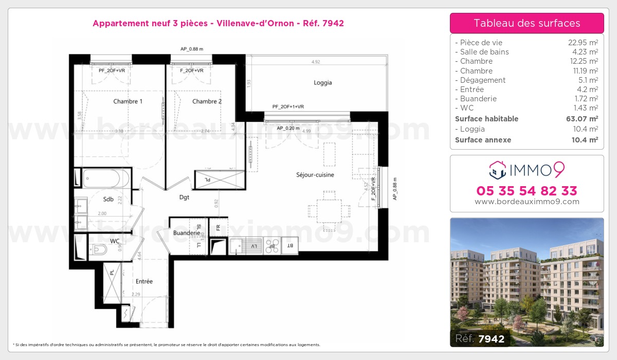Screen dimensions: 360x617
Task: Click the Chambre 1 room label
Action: point(128,101)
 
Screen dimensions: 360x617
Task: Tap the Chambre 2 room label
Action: point(207,101)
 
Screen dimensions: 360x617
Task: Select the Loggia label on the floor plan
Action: point(322,83)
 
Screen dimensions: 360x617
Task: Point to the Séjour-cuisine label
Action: point(315,175)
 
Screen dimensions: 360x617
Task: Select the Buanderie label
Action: point(186,233)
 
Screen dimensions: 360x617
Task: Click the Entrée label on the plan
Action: point(144,281)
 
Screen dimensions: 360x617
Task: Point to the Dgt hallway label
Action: point(184,196)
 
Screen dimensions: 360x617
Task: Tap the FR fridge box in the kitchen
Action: point(218,227)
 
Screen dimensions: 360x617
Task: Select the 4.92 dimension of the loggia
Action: point(316,62)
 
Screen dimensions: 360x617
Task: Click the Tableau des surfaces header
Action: point(527,23)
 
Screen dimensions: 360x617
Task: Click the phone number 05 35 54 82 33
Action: point(527,191)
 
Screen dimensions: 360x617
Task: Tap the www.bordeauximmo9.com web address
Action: point(527,202)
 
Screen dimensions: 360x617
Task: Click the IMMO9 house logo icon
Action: point(498,168)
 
